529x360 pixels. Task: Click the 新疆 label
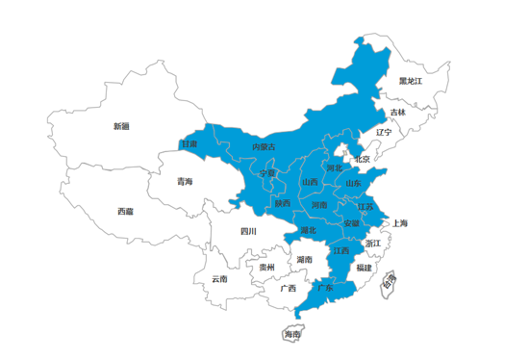[120, 126]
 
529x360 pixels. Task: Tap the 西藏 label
[126, 211]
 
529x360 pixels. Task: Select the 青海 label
[184, 181]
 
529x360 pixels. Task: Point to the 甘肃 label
[189, 144]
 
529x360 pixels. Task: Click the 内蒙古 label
[264, 146]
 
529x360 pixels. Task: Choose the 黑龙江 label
[412, 81]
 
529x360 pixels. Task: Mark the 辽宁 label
[384, 132]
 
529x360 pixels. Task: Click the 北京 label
[362, 160]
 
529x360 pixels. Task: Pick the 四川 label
[248, 231]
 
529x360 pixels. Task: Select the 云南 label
[220, 279]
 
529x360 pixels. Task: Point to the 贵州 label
[266, 267]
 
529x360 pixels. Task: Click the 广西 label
[288, 288]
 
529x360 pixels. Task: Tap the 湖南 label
[304, 259]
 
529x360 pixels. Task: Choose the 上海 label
[399, 223]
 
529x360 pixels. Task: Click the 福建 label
[364, 267]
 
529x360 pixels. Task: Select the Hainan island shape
[291, 334]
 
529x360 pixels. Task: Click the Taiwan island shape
[389, 282]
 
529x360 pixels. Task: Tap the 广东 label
[325, 288]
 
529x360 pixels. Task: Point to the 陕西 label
[283, 203]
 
